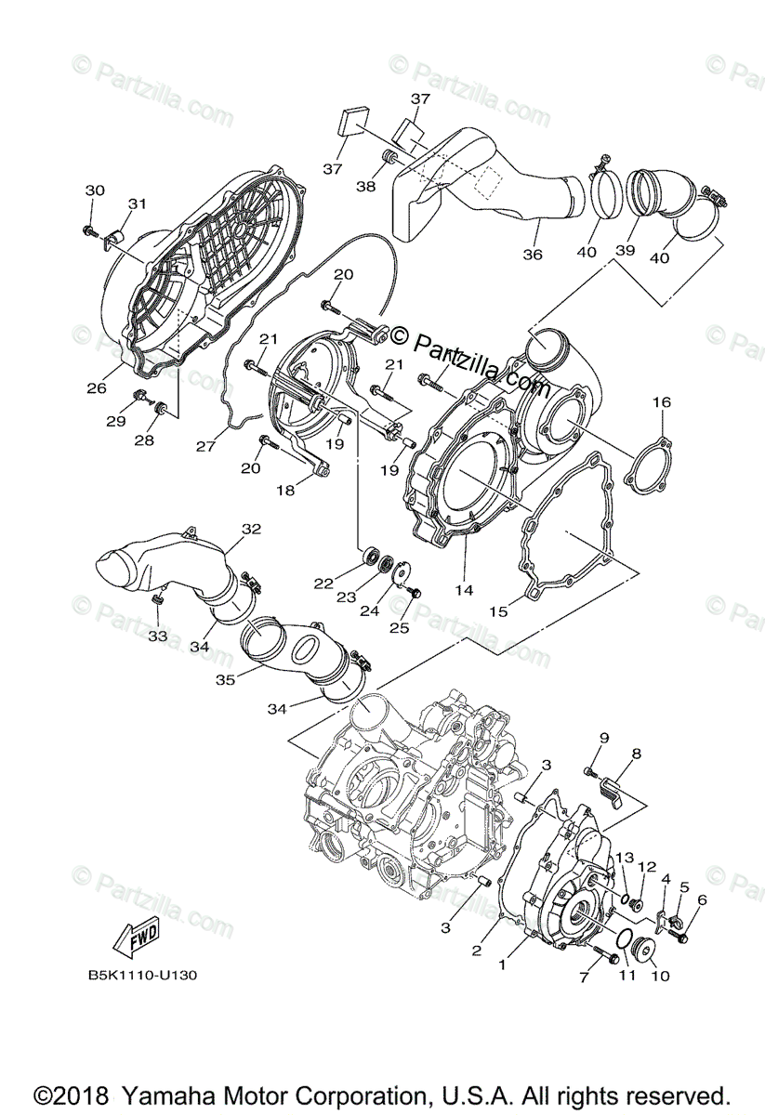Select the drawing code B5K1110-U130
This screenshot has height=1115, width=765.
tap(142, 976)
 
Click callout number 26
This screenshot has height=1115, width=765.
tap(98, 388)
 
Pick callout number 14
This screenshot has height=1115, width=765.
tap(463, 590)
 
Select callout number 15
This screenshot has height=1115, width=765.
tap(498, 611)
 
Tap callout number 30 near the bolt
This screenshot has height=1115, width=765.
tap(95, 190)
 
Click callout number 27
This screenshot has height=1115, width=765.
tap(205, 446)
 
